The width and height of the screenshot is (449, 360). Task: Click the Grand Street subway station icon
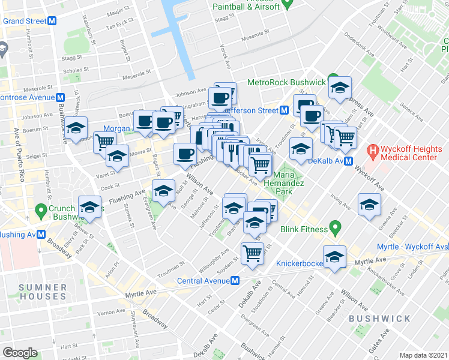(x=52, y=20)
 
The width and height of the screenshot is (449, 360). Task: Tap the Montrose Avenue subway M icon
(x=61, y=97)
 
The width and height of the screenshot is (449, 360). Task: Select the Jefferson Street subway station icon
(x=284, y=110)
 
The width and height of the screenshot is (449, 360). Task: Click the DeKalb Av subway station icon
(x=348, y=161)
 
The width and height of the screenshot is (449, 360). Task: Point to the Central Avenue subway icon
(x=237, y=281)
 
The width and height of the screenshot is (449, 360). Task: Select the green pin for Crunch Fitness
(x=41, y=210)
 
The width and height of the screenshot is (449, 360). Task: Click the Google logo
(x=20, y=353)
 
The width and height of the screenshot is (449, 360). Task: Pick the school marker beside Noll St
(x=161, y=190)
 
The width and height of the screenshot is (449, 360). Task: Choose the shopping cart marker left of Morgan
(x=104, y=142)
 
